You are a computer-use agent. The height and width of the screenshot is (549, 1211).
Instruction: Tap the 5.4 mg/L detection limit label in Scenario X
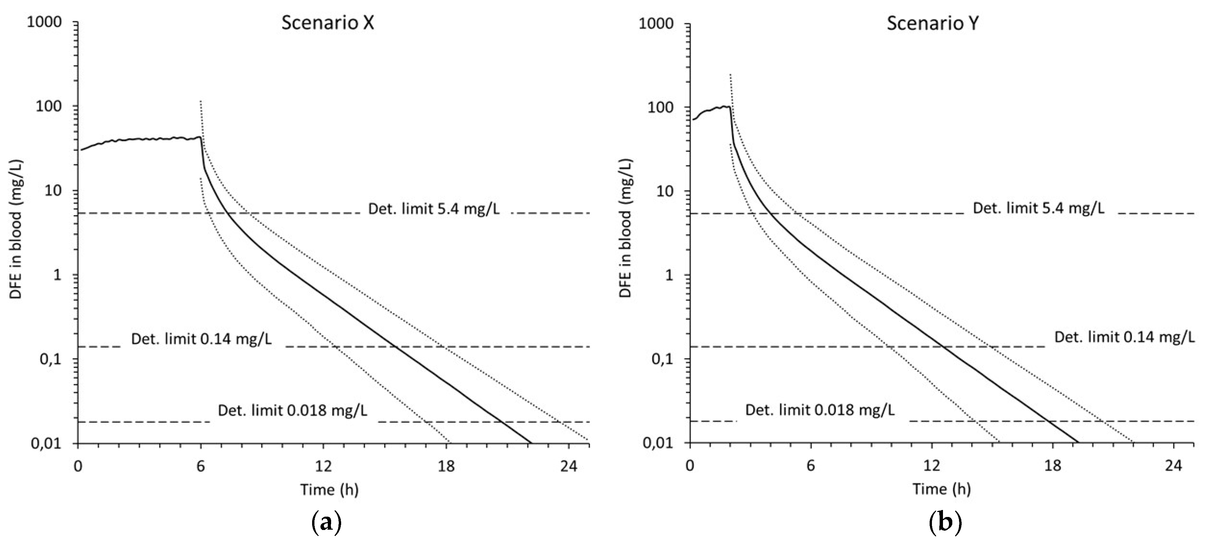point(434,208)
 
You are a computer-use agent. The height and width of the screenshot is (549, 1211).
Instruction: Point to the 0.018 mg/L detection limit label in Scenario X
point(292,411)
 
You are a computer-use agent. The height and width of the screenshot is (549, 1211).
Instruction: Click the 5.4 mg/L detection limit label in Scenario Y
point(1038,208)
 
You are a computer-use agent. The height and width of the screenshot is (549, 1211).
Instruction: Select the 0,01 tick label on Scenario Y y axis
point(658,443)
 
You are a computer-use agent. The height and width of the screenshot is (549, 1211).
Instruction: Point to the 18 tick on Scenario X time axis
point(446,466)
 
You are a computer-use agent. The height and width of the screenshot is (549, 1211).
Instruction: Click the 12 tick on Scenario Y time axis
point(931,466)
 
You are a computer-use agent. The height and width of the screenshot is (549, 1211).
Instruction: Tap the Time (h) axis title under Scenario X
point(329,490)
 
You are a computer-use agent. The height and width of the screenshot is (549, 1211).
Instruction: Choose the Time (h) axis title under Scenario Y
point(942,490)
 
